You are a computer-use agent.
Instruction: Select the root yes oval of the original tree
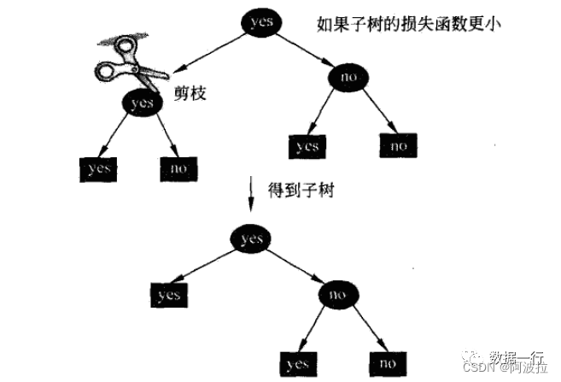257,22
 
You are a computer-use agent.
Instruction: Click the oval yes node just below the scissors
141,103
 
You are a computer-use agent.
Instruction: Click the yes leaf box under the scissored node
99,168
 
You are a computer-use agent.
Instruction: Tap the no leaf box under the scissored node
178,168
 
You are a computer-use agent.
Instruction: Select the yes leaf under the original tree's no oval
307,146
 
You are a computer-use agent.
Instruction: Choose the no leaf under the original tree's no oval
398,145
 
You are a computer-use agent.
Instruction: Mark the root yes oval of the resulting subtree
252,238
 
